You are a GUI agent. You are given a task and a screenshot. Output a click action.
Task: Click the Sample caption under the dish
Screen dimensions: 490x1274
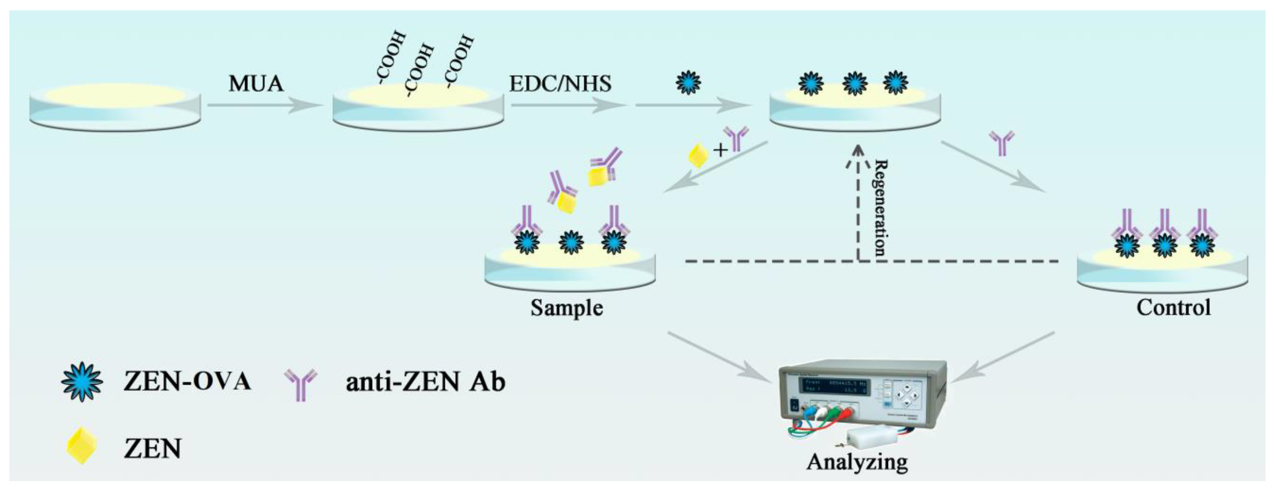click(567, 308)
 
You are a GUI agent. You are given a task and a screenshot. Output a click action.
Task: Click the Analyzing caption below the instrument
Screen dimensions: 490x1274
click(857, 462)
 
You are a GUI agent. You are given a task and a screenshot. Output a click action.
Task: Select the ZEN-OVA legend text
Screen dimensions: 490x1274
click(187, 381)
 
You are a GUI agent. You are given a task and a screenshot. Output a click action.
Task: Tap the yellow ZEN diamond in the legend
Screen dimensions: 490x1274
click(81, 446)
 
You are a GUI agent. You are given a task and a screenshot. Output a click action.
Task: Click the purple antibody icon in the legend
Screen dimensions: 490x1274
click(300, 384)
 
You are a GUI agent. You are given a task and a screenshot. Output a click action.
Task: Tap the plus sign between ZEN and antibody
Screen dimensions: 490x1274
click(720, 150)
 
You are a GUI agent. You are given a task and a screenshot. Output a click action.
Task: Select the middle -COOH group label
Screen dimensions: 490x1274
click(418, 69)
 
